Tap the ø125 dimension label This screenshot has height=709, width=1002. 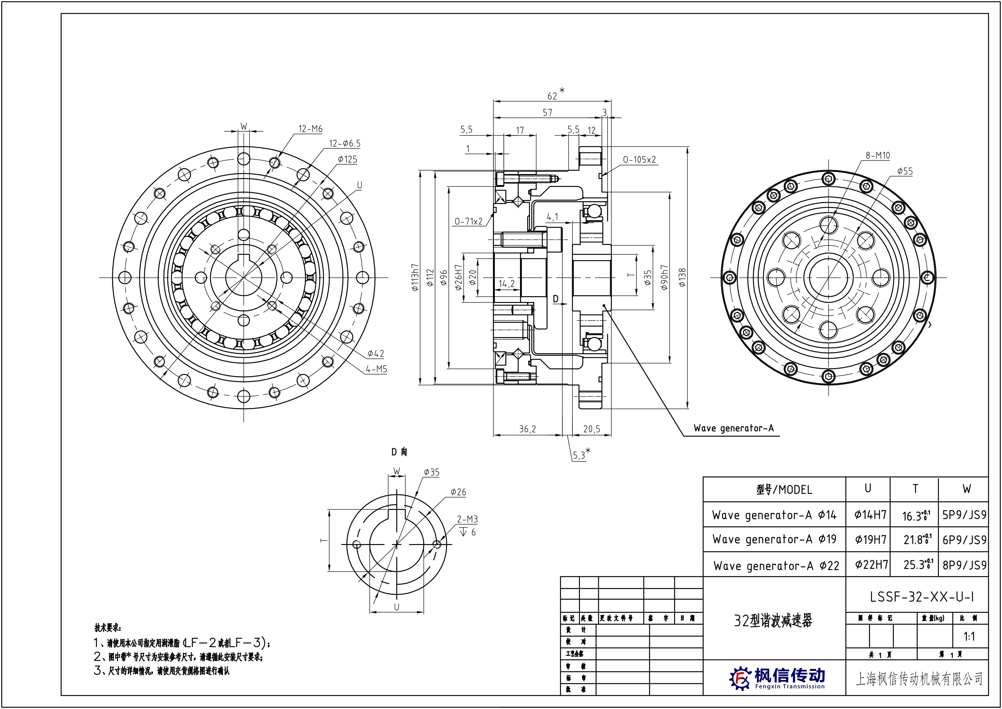[x=347, y=160]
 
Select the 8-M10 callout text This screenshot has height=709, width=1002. [x=878, y=156]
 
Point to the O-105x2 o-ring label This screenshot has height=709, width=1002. [x=639, y=160]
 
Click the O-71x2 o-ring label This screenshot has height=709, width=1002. [x=468, y=222]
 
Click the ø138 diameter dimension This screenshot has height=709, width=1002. [x=682, y=277]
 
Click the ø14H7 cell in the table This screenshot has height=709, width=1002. [x=870, y=515]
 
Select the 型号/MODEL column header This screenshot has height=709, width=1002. [x=784, y=490]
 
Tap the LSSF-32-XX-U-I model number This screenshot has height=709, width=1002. [x=922, y=597]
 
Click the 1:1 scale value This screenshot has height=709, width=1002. [x=969, y=637]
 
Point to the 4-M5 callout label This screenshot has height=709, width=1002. [x=377, y=369]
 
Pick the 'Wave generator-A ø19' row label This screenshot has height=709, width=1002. [x=774, y=540]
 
